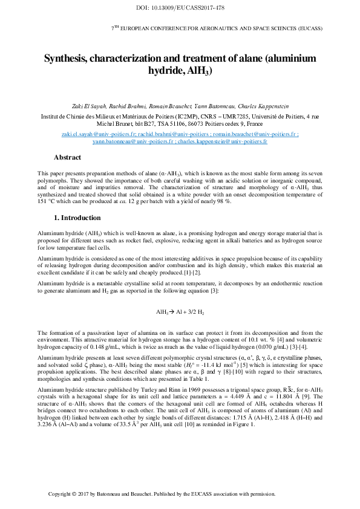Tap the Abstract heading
67,157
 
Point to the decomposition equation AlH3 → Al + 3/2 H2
180,313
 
